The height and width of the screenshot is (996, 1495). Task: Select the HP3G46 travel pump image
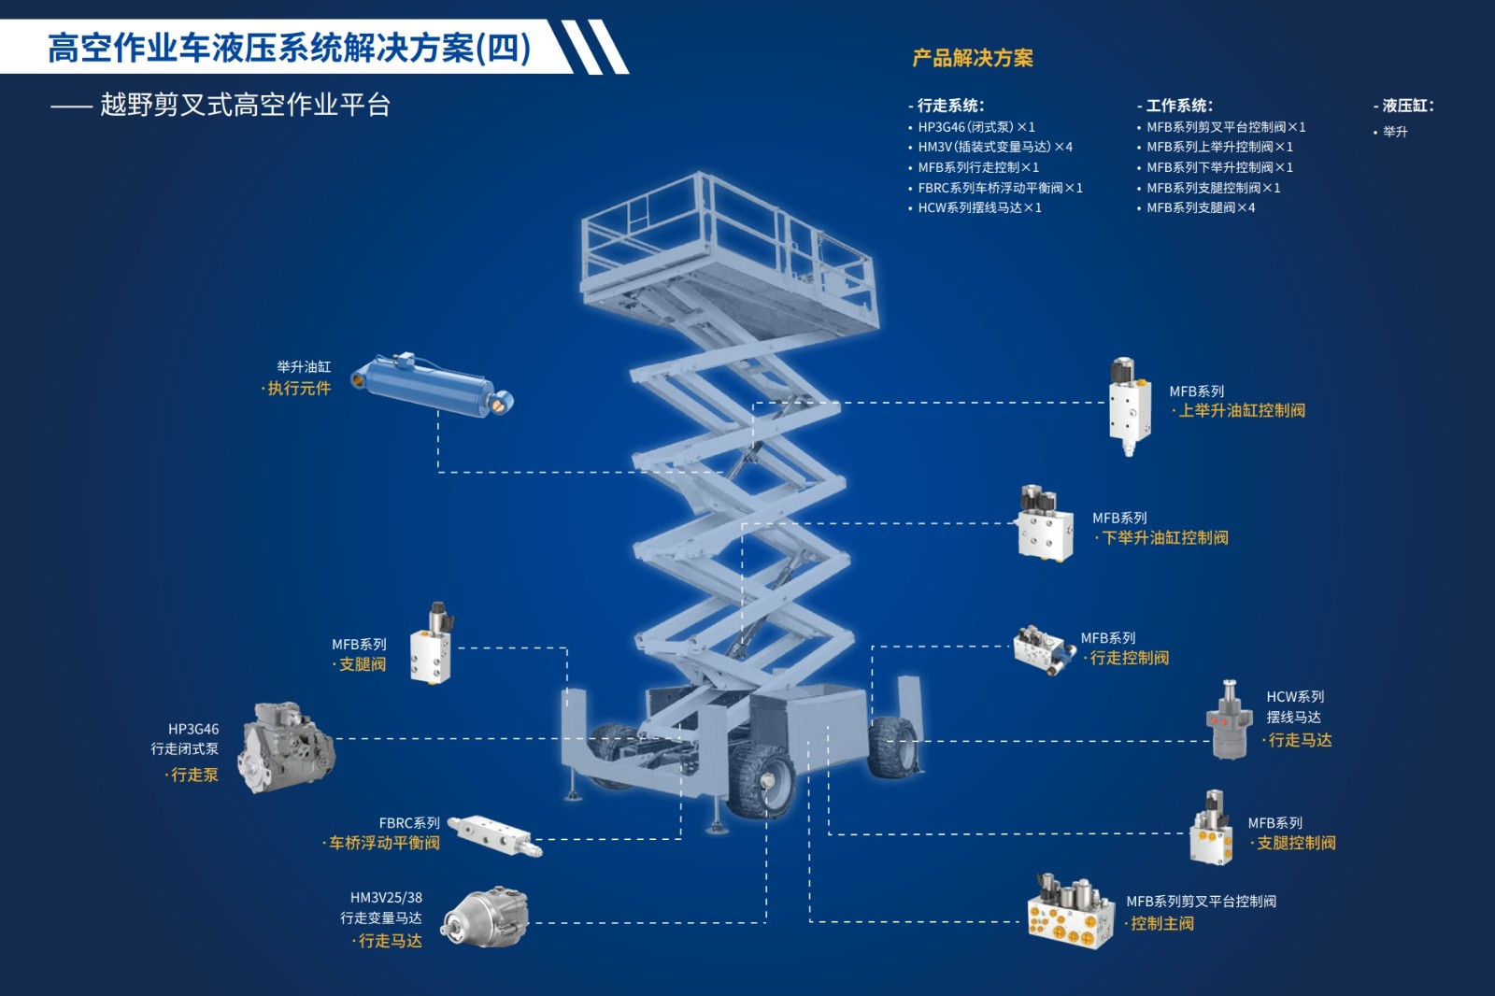click(x=287, y=747)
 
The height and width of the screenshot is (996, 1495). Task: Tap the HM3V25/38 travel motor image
click(x=486, y=918)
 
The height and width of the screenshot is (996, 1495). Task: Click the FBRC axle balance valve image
click(x=494, y=834)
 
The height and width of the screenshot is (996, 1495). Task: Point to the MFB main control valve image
click(x=1071, y=912)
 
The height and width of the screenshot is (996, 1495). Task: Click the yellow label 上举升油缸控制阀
click(x=1242, y=411)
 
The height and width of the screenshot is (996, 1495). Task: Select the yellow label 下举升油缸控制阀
click(x=1165, y=538)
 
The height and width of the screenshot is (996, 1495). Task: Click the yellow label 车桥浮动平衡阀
click(x=384, y=844)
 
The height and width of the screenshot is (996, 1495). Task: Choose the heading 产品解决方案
click(x=973, y=58)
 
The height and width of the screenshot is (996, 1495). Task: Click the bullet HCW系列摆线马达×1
click(x=979, y=208)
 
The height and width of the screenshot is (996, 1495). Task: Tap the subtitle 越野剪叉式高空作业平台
click(x=245, y=105)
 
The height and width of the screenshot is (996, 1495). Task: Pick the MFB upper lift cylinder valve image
click(x=1129, y=406)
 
